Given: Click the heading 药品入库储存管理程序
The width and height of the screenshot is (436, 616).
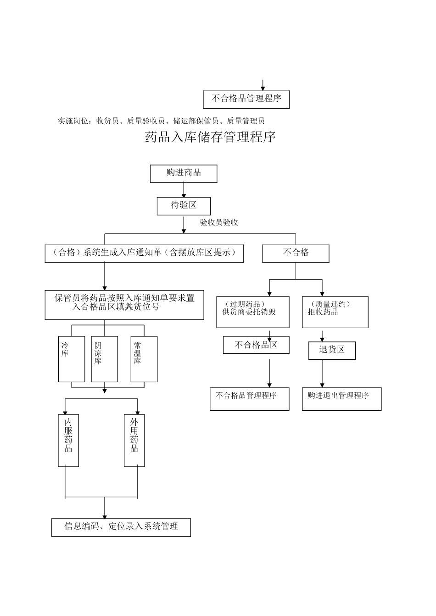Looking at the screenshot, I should (210, 137).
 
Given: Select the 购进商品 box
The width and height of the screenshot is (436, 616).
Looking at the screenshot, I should (184, 174).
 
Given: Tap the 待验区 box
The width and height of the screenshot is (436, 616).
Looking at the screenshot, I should (184, 206).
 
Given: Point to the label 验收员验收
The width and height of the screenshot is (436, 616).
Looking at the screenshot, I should (219, 223).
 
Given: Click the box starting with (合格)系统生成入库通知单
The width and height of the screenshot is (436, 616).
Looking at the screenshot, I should (144, 253).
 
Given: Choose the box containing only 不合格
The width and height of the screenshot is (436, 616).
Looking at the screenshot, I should (296, 253).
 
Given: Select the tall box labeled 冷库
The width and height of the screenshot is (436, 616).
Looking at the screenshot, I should (72, 359).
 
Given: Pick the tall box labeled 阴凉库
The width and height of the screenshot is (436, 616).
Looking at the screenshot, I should (105, 359).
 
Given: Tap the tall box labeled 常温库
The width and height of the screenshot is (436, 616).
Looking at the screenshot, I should (144, 359).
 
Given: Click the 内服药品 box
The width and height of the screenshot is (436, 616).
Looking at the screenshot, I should (68, 440).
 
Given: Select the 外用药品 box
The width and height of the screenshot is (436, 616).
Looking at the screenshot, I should (134, 440).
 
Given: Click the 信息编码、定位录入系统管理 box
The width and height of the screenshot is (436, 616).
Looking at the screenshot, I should (121, 528).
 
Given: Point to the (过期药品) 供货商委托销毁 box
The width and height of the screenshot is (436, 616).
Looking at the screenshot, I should (253, 312).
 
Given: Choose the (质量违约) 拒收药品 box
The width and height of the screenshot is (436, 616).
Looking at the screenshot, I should (335, 312).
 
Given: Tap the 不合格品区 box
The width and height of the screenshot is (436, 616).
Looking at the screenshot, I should (256, 345).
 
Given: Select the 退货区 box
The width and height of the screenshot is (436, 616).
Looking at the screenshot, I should (332, 350).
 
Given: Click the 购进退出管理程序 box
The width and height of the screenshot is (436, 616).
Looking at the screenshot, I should (341, 399).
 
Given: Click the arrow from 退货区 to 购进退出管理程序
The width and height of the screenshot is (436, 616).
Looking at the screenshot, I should (322, 374).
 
